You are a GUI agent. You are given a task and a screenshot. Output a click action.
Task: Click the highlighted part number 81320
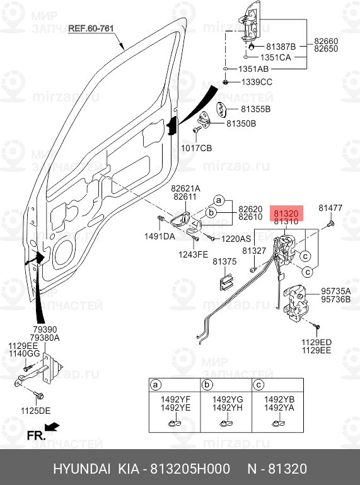pos(287,214)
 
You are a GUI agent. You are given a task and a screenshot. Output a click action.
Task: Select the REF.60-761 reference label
pos(90,28)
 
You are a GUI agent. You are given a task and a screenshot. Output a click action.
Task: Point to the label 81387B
pos(281,47)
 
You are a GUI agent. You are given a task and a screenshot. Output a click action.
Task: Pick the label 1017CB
pos(197,149)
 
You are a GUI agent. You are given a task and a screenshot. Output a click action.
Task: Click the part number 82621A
pos(185,188)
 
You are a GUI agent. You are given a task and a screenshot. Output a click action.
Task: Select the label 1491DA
pos(161,237)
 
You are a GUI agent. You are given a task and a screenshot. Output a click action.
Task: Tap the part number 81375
pos(224,261)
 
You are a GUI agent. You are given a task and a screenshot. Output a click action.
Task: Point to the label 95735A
pos(336,291)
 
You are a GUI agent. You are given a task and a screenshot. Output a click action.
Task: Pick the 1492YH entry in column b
pos(226,407)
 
